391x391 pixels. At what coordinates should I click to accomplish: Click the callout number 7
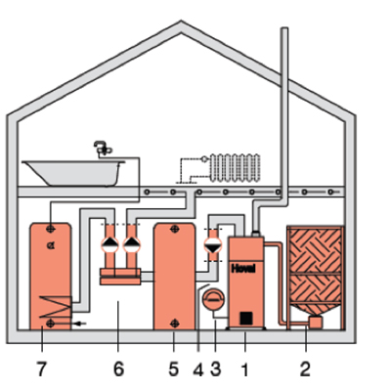click(x=41, y=369)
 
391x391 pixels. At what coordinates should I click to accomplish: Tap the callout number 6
click(x=118, y=369)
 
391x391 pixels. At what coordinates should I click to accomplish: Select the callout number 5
click(x=174, y=369)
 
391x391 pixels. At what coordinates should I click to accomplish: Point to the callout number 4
click(x=198, y=369)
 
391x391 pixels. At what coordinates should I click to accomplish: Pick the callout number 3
click(x=215, y=369)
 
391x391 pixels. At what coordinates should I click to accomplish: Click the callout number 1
click(x=244, y=369)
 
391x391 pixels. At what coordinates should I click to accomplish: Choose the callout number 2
click(x=305, y=369)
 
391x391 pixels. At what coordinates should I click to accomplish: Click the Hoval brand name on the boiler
click(x=243, y=269)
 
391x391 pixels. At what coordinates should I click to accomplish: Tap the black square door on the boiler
click(x=246, y=318)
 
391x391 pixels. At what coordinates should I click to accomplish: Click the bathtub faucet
click(x=103, y=149)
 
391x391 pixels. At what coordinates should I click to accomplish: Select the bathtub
click(x=73, y=173)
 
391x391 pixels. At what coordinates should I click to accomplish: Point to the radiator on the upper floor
click(x=236, y=168)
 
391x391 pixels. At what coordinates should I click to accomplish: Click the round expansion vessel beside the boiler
click(x=213, y=299)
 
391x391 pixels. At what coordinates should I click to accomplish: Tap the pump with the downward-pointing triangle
click(x=213, y=244)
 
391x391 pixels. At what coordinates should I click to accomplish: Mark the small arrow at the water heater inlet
click(x=80, y=324)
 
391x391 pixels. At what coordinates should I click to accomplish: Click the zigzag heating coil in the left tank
click(x=55, y=306)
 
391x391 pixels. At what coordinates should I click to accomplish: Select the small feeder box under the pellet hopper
click(x=315, y=322)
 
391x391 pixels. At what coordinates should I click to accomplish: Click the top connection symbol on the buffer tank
click(x=175, y=229)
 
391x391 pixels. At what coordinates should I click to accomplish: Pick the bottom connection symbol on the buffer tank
click(x=175, y=324)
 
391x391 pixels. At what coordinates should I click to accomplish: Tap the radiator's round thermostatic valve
click(x=204, y=159)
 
